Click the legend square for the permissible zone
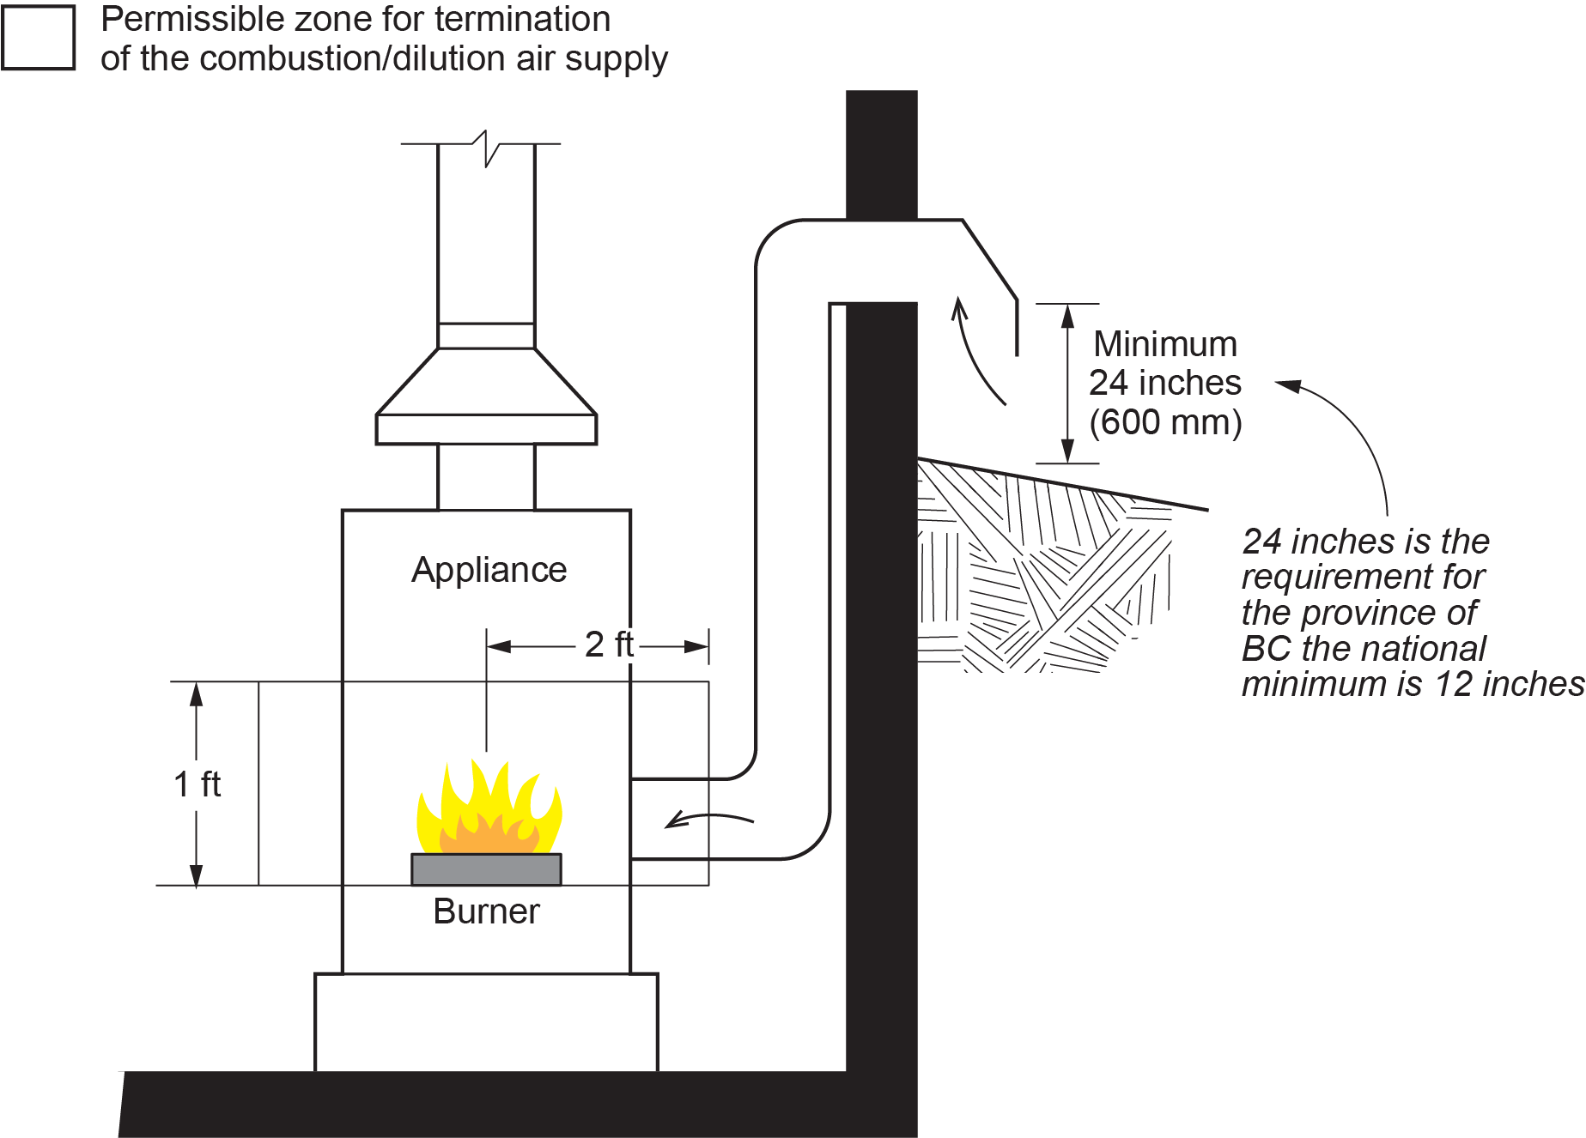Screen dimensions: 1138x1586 [39, 37]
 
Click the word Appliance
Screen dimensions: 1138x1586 [489, 570]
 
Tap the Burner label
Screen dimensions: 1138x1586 [486, 911]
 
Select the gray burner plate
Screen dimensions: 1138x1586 [486, 869]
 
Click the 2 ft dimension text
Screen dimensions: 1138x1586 [609, 645]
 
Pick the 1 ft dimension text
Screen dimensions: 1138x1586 [197, 784]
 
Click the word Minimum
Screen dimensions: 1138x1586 [1165, 344]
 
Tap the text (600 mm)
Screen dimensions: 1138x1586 [1165, 422]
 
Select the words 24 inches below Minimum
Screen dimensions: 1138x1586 [1165, 383]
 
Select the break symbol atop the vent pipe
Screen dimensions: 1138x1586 [486, 148]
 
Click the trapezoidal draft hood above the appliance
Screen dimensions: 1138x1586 [486, 382]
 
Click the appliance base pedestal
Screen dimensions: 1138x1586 [486, 1022]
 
